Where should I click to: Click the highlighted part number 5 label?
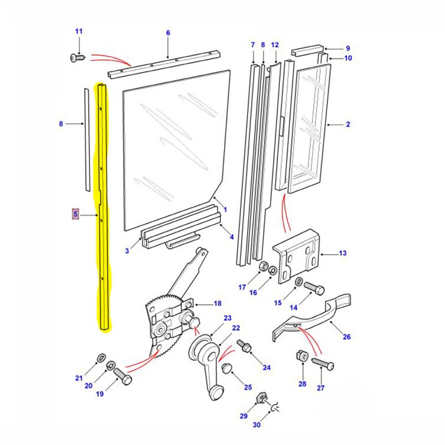click(x=76, y=214)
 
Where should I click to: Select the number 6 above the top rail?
click(x=168, y=33)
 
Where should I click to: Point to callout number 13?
click(x=343, y=253)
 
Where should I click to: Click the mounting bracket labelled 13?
click(x=298, y=253)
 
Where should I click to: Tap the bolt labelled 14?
click(x=316, y=290)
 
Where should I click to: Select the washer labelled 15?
click(x=299, y=283)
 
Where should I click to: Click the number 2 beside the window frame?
click(x=348, y=124)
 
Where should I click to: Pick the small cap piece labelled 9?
click(x=308, y=50)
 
